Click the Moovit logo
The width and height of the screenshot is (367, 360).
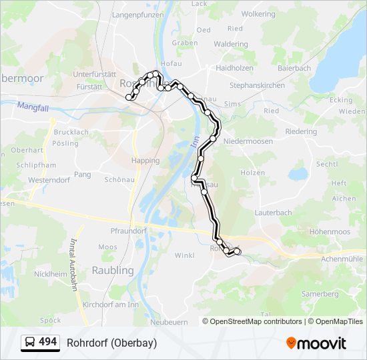pyautogui.click(x=316, y=343)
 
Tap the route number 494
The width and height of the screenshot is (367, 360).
pyautogui.click(x=48, y=342)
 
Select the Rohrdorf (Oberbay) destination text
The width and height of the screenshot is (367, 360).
pyautogui.click(x=111, y=343)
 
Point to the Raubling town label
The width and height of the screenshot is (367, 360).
pyautogui.click(x=112, y=270)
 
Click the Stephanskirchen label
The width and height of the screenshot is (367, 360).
pyautogui.click(x=257, y=85)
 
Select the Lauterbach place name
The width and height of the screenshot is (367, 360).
pyautogui.click(x=273, y=213)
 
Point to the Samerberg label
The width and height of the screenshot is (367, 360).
pyautogui.click(x=320, y=294)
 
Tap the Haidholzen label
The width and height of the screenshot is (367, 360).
pyautogui.click(x=234, y=68)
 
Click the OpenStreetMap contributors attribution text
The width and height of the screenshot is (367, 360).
pyautogui.click(x=256, y=321)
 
